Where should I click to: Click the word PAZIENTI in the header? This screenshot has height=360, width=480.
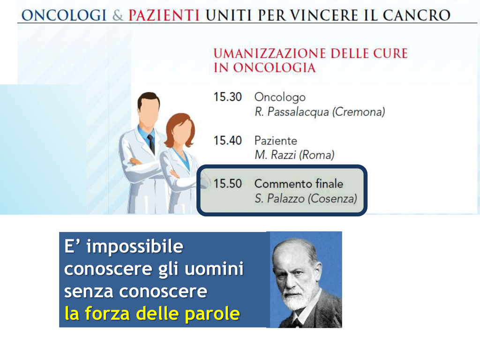pos(164,15)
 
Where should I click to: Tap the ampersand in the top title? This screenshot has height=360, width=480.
pos(117,15)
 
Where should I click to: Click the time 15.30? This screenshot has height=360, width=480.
pos(227,97)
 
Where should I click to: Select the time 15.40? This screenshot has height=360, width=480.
pos(227,141)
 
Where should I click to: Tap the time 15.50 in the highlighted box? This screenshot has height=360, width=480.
pos(227,184)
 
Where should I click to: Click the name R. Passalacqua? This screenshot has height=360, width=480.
pos(292,112)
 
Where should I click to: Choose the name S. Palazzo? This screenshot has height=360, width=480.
pos(279,199)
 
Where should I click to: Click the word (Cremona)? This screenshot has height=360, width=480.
pos(359,112)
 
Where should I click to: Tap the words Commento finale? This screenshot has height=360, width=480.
pos(299,184)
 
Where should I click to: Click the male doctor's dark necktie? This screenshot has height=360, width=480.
pos(151,144)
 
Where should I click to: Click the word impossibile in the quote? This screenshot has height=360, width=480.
pos(135,247)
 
